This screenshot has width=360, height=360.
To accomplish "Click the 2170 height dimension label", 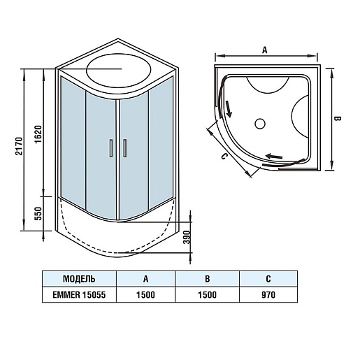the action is point(19,146).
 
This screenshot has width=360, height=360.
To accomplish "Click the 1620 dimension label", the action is point(38,134).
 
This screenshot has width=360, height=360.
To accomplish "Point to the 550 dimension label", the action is point(38,213).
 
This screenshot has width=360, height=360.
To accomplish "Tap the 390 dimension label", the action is point(187,238).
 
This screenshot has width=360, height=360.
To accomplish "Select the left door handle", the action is point(111,148).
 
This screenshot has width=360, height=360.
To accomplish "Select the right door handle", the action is point(125,148).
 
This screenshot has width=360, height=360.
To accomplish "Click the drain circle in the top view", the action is point(260,124).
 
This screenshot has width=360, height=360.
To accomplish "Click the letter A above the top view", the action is point(265,50).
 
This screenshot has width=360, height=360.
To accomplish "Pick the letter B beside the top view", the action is point(337,118).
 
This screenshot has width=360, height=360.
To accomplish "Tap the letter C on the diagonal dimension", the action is point(224,157).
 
